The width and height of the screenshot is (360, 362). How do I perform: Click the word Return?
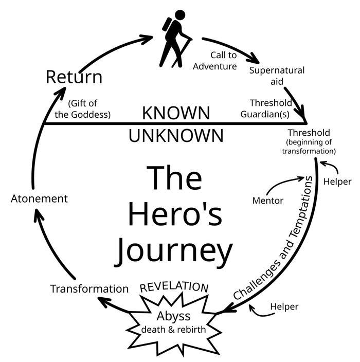coord(74,77)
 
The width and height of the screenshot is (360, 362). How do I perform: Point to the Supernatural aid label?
coord(277,76)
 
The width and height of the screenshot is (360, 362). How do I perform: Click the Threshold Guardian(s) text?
coord(271,108)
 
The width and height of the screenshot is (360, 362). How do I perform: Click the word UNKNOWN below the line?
coord(176,136)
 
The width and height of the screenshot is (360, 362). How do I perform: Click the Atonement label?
coord(39,198)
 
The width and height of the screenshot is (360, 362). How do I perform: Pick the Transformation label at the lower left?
coord(89,288)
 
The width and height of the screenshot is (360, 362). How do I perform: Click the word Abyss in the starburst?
coord(173,316)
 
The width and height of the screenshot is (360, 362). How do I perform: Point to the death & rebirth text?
coord(173,329)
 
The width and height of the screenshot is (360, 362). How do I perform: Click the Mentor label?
coord(267,200)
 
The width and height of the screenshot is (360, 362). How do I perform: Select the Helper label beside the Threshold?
coord(337,182)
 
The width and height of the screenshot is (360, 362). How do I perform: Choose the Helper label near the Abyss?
coord(284,307)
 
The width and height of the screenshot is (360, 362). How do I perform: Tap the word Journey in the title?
coord(173,251)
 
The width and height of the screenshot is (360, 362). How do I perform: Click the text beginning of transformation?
coord(309,147)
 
